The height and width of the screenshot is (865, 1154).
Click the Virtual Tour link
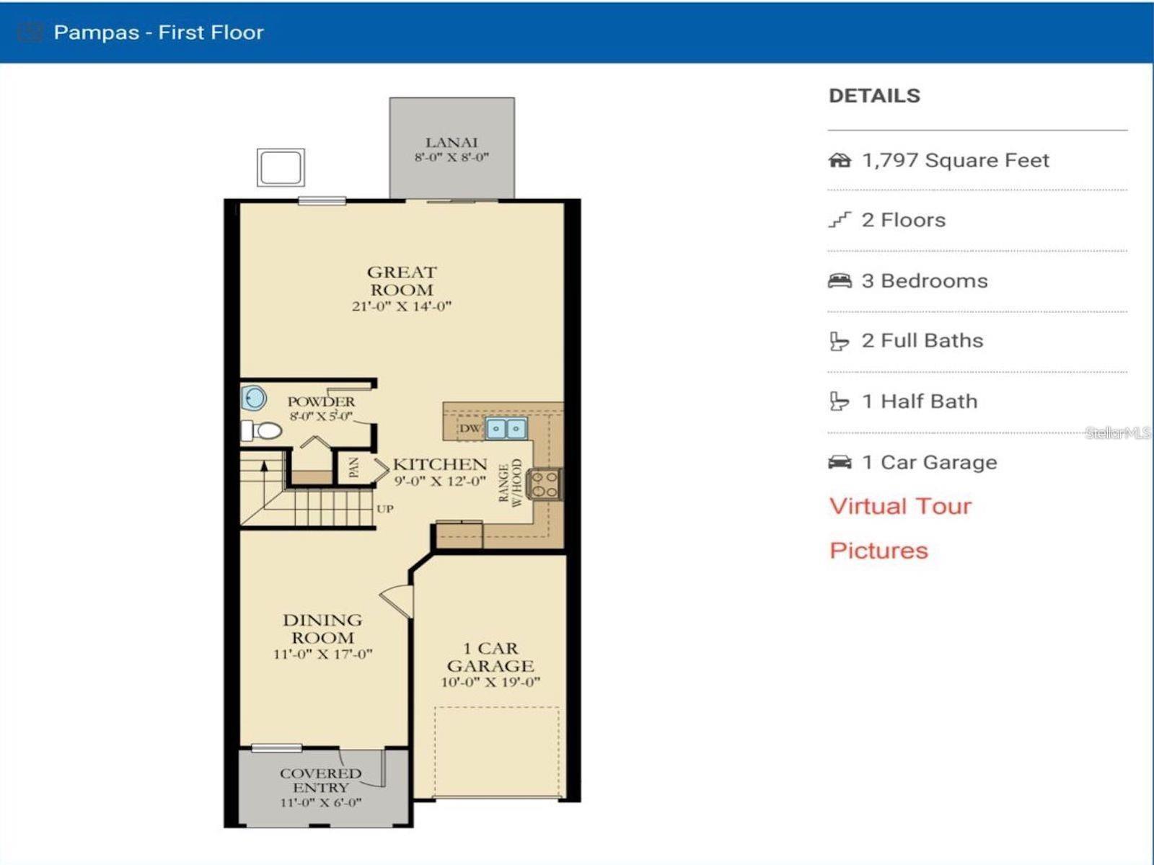[x=900, y=506]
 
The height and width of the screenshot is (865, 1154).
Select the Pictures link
[x=878, y=551]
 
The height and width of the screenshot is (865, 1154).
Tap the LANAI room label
[x=452, y=143]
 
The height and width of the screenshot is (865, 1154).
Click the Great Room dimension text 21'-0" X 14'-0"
[x=401, y=306]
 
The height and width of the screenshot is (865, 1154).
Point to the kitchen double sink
[x=506, y=429]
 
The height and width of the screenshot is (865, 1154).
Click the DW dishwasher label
[x=470, y=429]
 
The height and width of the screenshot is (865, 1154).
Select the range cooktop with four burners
[x=544, y=484]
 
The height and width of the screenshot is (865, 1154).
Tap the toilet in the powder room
[x=262, y=431]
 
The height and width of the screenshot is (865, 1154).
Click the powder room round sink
[x=253, y=398]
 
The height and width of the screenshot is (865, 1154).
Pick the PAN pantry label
[x=354, y=469]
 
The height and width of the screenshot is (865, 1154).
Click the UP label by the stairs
[x=384, y=509]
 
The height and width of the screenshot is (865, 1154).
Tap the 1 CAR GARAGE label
[x=490, y=657]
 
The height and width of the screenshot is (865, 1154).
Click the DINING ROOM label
[x=322, y=629]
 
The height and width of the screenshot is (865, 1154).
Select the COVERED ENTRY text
[x=320, y=780]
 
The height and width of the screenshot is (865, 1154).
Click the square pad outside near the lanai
[x=281, y=167]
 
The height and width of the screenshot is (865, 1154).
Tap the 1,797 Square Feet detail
[x=955, y=160]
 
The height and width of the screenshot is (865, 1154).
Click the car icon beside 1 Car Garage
[x=840, y=462]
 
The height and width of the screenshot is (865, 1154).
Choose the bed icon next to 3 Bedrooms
[x=840, y=281]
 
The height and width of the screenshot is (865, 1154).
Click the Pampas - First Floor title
[x=159, y=32]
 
